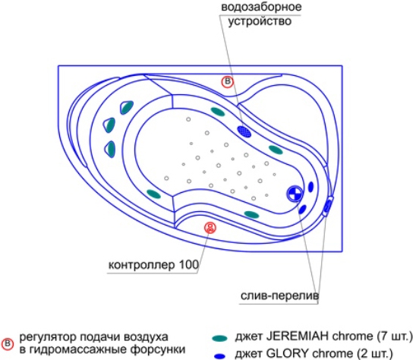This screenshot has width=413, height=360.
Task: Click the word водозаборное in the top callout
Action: [261, 7]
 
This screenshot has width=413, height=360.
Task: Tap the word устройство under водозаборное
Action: [260, 21]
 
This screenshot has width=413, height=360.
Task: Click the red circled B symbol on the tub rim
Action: [227, 82]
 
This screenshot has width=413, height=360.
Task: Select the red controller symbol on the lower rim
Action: [210, 228]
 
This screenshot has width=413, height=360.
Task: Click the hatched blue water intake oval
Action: [244, 131]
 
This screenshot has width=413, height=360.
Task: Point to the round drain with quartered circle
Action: [295, 194]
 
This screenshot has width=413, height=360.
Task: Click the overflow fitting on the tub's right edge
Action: [328, 206]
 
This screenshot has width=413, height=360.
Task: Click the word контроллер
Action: [142, 265]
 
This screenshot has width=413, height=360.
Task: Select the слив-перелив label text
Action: [279, 296]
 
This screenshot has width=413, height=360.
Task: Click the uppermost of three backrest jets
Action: [127, 107]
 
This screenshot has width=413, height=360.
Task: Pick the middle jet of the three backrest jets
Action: [109, 125]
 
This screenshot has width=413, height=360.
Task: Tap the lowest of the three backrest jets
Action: [110, 149]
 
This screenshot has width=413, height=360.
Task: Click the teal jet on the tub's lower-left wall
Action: [153, 194]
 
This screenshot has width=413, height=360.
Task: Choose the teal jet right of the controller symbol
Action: [251, 215]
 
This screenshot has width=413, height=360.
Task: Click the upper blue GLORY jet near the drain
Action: [311, 187]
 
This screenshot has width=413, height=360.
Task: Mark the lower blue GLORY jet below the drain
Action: [302, 210]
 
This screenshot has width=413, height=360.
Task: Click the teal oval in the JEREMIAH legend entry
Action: [219, 339]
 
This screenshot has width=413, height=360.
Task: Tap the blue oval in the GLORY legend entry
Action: [219, 356]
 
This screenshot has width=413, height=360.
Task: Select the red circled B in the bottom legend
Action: [7, 344]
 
